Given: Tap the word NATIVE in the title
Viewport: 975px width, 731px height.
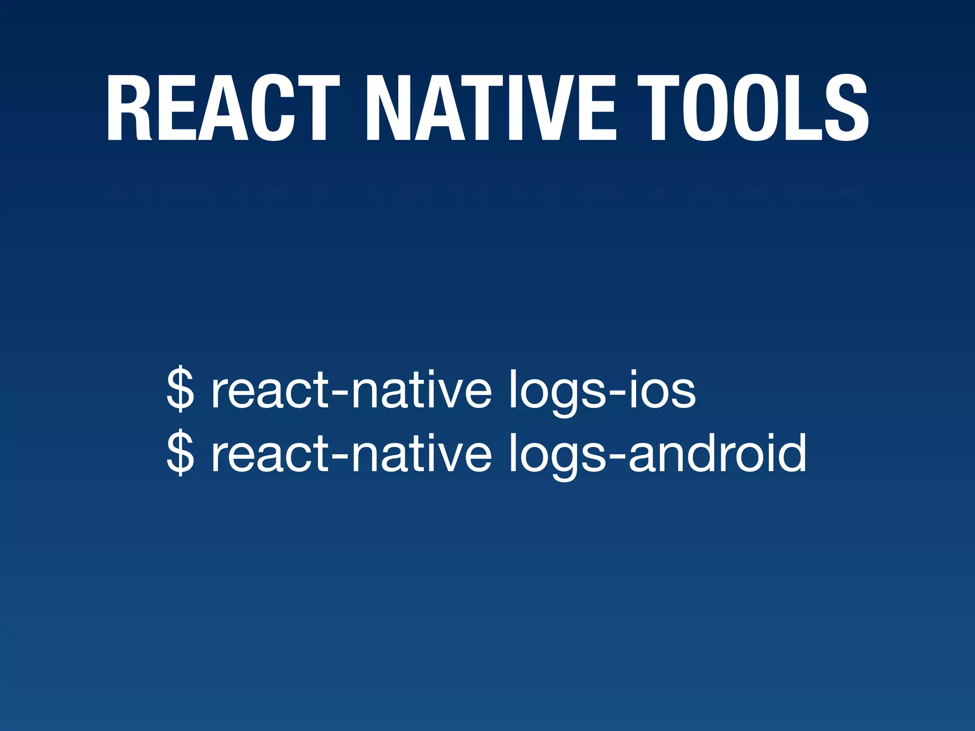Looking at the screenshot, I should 490,109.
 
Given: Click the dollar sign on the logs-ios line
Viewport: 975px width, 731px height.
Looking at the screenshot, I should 180,389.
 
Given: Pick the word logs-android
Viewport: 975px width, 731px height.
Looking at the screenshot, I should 657,453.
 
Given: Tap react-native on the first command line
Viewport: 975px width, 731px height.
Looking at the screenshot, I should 351,390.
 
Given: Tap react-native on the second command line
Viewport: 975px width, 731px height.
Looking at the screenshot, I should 351,453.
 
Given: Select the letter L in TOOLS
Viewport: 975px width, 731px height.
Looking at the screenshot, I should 802,109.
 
